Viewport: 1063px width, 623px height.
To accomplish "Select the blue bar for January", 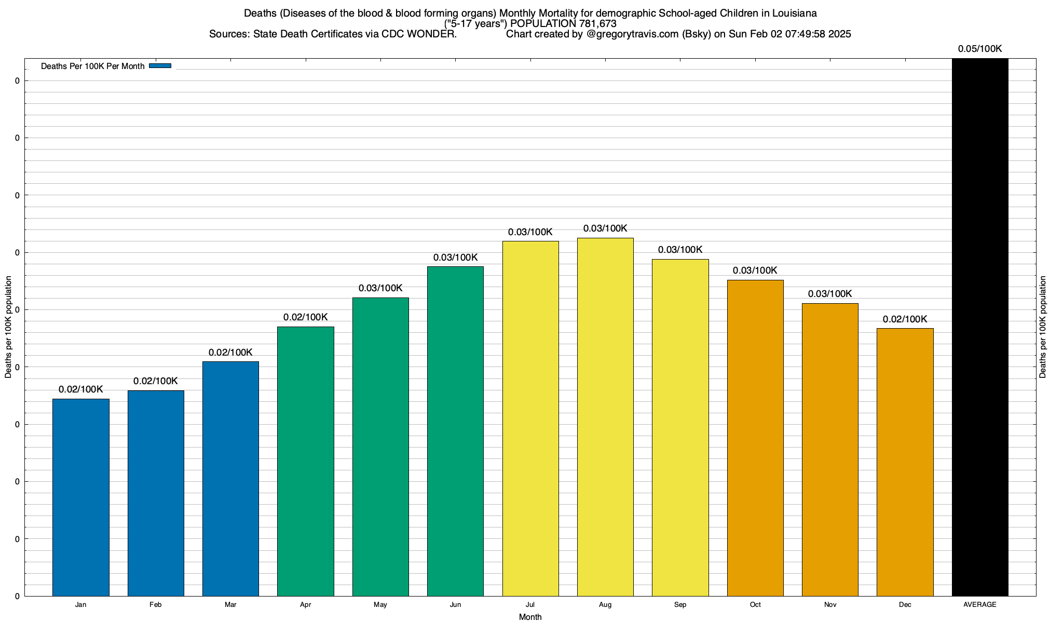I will pyautogui.click(x=80, y=497).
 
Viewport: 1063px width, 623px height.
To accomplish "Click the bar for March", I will pyautogui.click(x=230, y=479).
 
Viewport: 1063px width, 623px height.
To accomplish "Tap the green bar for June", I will pyautogui.click(x=455, y=431).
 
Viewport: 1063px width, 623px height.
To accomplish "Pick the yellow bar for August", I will pyautogui.click(x=605, y=417).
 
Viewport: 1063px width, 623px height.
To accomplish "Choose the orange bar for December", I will pyautogui.click(x=905, y=462).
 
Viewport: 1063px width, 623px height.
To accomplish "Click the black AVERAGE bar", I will pyautogui.click(x=980, y=327).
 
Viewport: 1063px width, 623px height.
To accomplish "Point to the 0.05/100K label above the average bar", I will pyautogui.click(x=980, y=49).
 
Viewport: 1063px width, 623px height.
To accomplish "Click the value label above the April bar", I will pyautogui.click(x=305, y=317).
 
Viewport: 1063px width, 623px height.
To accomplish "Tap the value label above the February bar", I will pyautogui.click(x=156, y=381).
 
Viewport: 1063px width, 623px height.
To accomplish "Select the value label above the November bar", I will pyautogui.click(x=830, y=294).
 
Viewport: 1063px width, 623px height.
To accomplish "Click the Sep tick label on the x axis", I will pyautogui.click(x=680, y=605).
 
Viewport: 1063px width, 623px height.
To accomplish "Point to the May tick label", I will pyautogui.click(x=380, y=605).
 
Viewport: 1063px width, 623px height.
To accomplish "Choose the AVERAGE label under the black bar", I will pyautogui.click(x=980, y=605).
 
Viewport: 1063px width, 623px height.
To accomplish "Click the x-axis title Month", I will pyautogui.click(x=530, y=617).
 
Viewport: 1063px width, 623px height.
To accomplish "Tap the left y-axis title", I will pyautogui.click(x=8, y=327).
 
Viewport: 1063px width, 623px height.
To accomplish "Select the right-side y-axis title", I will pyautogui.click(x=1043, y=327).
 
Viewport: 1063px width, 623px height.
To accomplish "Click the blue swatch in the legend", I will pyautogui.click(x=160, y=66).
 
